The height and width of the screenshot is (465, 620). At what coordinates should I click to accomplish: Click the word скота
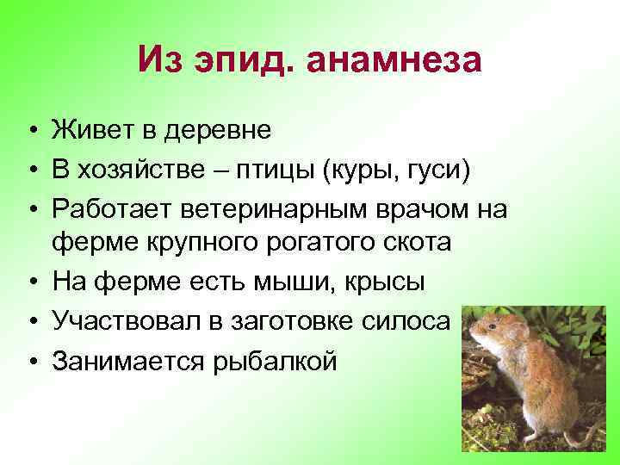[x=418, y=241]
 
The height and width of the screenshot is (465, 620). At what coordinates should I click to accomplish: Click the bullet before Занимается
[x=30, y=360]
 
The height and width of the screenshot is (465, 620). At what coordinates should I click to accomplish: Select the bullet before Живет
[x=30, y=130]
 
